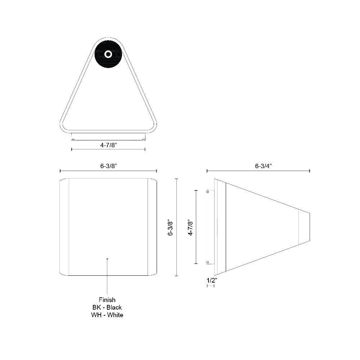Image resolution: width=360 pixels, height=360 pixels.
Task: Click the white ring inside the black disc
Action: (108, 54)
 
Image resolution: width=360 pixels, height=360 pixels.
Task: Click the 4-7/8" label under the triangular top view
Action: (109, 145)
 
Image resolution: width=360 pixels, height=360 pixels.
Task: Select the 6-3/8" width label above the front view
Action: (109, 166)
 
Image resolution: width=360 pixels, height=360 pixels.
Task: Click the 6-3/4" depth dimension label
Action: (264, 166)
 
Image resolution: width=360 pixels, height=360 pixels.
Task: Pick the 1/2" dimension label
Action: (212, 280)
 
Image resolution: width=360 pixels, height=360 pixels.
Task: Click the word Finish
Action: (107, 300)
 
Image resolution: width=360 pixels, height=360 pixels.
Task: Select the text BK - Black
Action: (107, 307)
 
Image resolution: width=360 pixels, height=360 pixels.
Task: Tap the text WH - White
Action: (107, 315)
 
